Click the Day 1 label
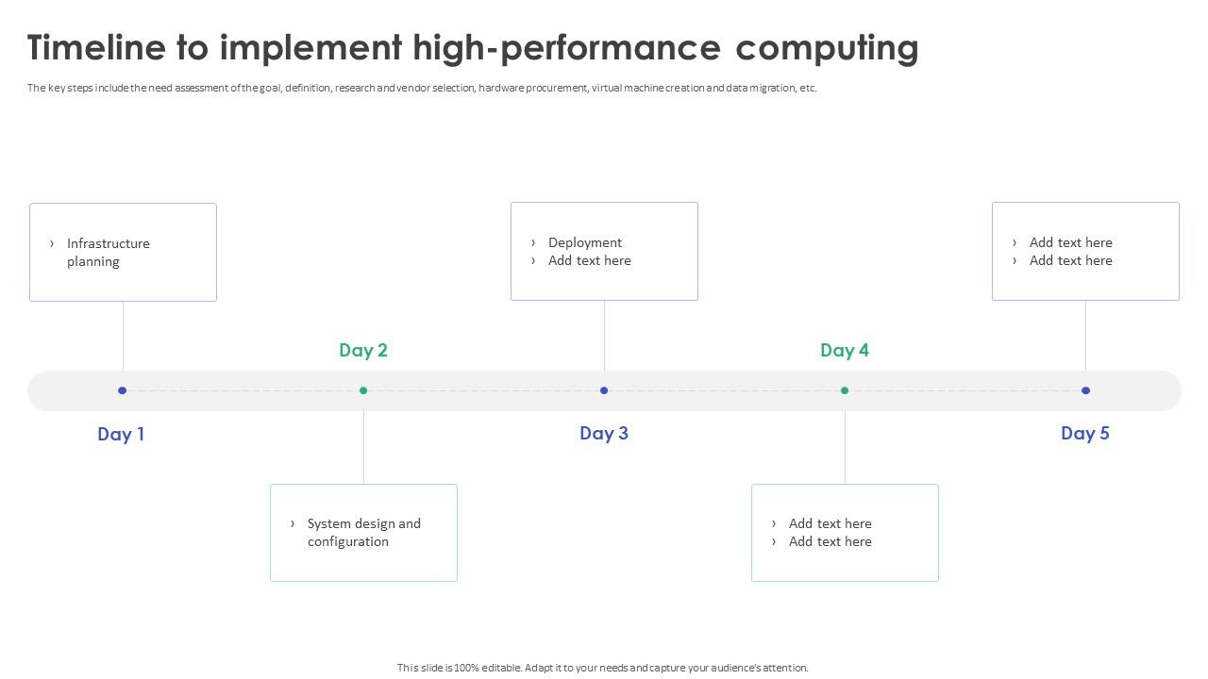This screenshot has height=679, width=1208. coord(121,434)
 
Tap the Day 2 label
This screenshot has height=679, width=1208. coord(363,350)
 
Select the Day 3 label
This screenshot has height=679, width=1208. coord(604,433)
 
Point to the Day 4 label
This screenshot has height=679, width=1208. coord(845,350)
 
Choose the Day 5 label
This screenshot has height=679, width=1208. coord(1085,433)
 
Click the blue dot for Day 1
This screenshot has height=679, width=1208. coord(122,390)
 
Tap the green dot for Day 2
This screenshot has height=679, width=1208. coord(363,390)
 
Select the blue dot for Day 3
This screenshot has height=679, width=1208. coord(604,390)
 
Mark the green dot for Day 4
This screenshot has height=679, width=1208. coord(845,390)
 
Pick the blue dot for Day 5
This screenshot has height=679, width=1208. coord(1085,390)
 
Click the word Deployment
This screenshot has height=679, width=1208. coord(585,242)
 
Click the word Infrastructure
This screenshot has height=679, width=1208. coord(109,243)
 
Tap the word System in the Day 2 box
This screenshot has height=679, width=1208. coord(329,523)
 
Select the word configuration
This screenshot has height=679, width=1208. coord(348,541)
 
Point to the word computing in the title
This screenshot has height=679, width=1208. coord(827,47)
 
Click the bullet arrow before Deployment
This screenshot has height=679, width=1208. coord(533,242)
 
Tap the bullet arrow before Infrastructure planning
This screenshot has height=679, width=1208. coord(52,243)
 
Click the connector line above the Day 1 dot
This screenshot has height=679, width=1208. coord(123,336)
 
